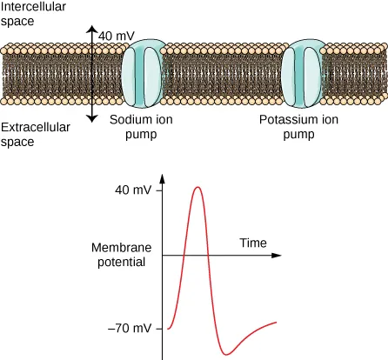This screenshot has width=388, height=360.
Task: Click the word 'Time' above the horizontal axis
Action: tap(253, 243)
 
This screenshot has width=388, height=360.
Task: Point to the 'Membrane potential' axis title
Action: tap(121, 255)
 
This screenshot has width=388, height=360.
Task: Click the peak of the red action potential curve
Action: tap(199, 187)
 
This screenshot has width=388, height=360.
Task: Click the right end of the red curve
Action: tap(277, 323)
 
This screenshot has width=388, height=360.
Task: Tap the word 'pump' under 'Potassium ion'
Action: tap(298, 136)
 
